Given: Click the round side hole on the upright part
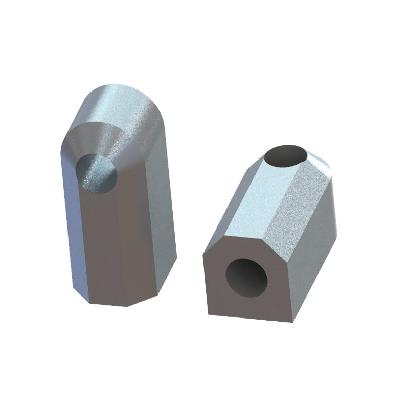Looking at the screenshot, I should point(97,174).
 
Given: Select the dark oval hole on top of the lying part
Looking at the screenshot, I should point(287,155).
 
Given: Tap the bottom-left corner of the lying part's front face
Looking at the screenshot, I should point(209,313).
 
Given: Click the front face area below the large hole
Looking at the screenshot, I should point(251,307).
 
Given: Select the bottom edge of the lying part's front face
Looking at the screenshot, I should point(251,317).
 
